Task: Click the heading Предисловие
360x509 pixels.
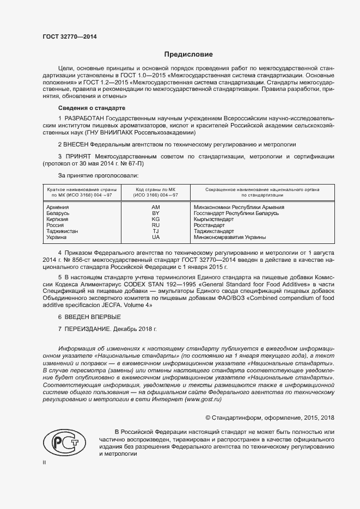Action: click(x=189, y=54)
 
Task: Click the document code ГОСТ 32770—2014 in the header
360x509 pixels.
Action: click(x=70, y=37)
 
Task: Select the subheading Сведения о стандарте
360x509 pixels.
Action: click(x=91, y=108)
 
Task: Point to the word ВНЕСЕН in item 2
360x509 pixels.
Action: click(x=77, y=144)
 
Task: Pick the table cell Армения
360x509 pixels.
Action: click(x=58, y=207)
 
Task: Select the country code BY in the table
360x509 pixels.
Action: click(x=156, y=213)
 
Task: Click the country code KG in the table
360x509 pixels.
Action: click(x=156, y=219)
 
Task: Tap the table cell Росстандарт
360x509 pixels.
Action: click(x=209, y=225)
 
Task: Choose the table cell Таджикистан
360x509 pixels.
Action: click(x=62, y=231)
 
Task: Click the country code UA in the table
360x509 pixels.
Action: click(x=156, y=237)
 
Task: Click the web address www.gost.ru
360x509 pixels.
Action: click(x=203, y=400)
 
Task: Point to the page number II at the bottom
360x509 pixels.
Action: click(x=45, y=462)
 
